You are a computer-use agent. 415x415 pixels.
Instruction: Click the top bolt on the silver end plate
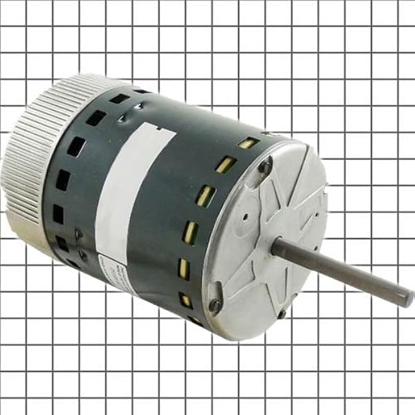(266, 165)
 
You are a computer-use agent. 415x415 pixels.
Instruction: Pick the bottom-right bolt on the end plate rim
(282, 315)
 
